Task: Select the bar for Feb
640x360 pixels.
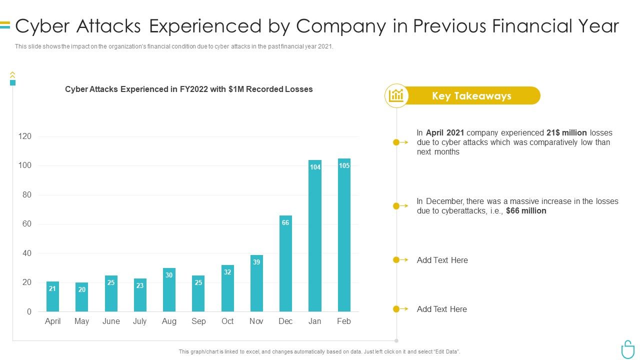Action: pyautogui.click(x=344, y=235)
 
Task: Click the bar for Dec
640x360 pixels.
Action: pyautogui.click(x=285, y=263)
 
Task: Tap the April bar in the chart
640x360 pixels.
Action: pyautogui.click(x=52, y=296)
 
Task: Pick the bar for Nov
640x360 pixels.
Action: pyautogui.click(x=256, y=283)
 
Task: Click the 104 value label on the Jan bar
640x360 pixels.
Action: pyautogui.click(x=315, y=167)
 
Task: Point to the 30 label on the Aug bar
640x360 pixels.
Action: pyautogui.click(x=169, y=275)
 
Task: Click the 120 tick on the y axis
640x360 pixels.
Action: pyautogui.click(x=25, y=136)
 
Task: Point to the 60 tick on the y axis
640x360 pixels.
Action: pyautogui.click(x=26, y=224)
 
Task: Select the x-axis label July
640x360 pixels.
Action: pyautogui.click(x=139, y=321)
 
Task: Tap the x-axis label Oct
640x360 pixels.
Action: pyautogui.click(x=227, y=321)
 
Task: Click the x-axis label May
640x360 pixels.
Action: pyautogui.click(x=81, y=321)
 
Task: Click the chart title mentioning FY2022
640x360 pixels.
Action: pyautogui.click(x=189, y=89)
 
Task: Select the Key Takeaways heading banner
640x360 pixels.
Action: pyautogui.click(x=471, y=96)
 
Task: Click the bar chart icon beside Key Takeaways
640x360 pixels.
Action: pyautogui.click(x=396, y=95)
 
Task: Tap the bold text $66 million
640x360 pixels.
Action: pyautogui.click(x=526, y=211)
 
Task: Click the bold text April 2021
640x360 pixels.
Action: pyautogui.click(x=445, y=133)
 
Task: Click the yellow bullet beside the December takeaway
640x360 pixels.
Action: pyautogui.click(x=396, y=206)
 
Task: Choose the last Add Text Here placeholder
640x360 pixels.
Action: pyautogui.click(x=442, y=309)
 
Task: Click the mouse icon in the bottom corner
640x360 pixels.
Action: pyautogui.click(x=627, y=349)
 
